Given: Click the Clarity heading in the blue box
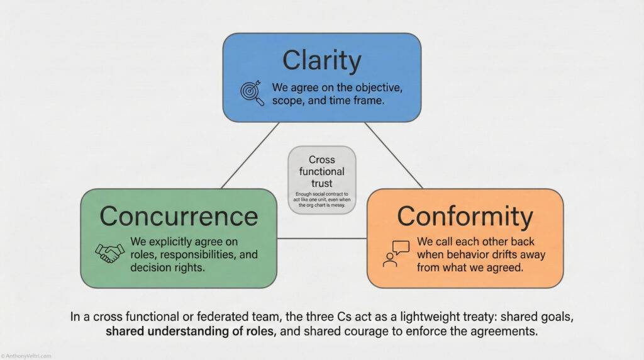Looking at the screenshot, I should point(321,61).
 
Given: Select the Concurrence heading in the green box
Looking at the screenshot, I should point(179,216).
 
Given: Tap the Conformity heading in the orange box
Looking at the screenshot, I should point(465,216).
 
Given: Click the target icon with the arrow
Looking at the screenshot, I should point(252,92).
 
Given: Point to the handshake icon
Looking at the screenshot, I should point(109,252).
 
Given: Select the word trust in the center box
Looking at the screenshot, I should point(321,183).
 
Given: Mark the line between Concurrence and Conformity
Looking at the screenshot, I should point(321,239).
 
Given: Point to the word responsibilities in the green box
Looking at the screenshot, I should point(196,256).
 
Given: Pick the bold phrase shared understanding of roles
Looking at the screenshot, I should point(191,332).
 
